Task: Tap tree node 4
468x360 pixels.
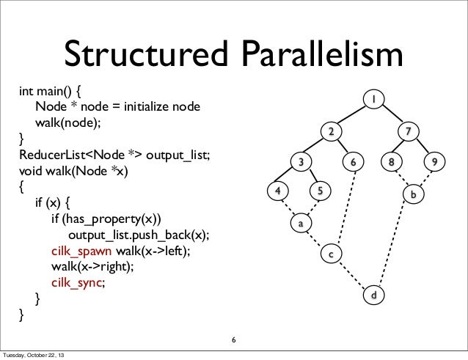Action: click(x=277, y=191)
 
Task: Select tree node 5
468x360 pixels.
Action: click(x=319, y=191)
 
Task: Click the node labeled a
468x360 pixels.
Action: click(x=300, y=221)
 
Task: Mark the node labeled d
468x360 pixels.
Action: click(x=373, y=295)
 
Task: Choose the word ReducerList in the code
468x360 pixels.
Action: click(x=51, y=154)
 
